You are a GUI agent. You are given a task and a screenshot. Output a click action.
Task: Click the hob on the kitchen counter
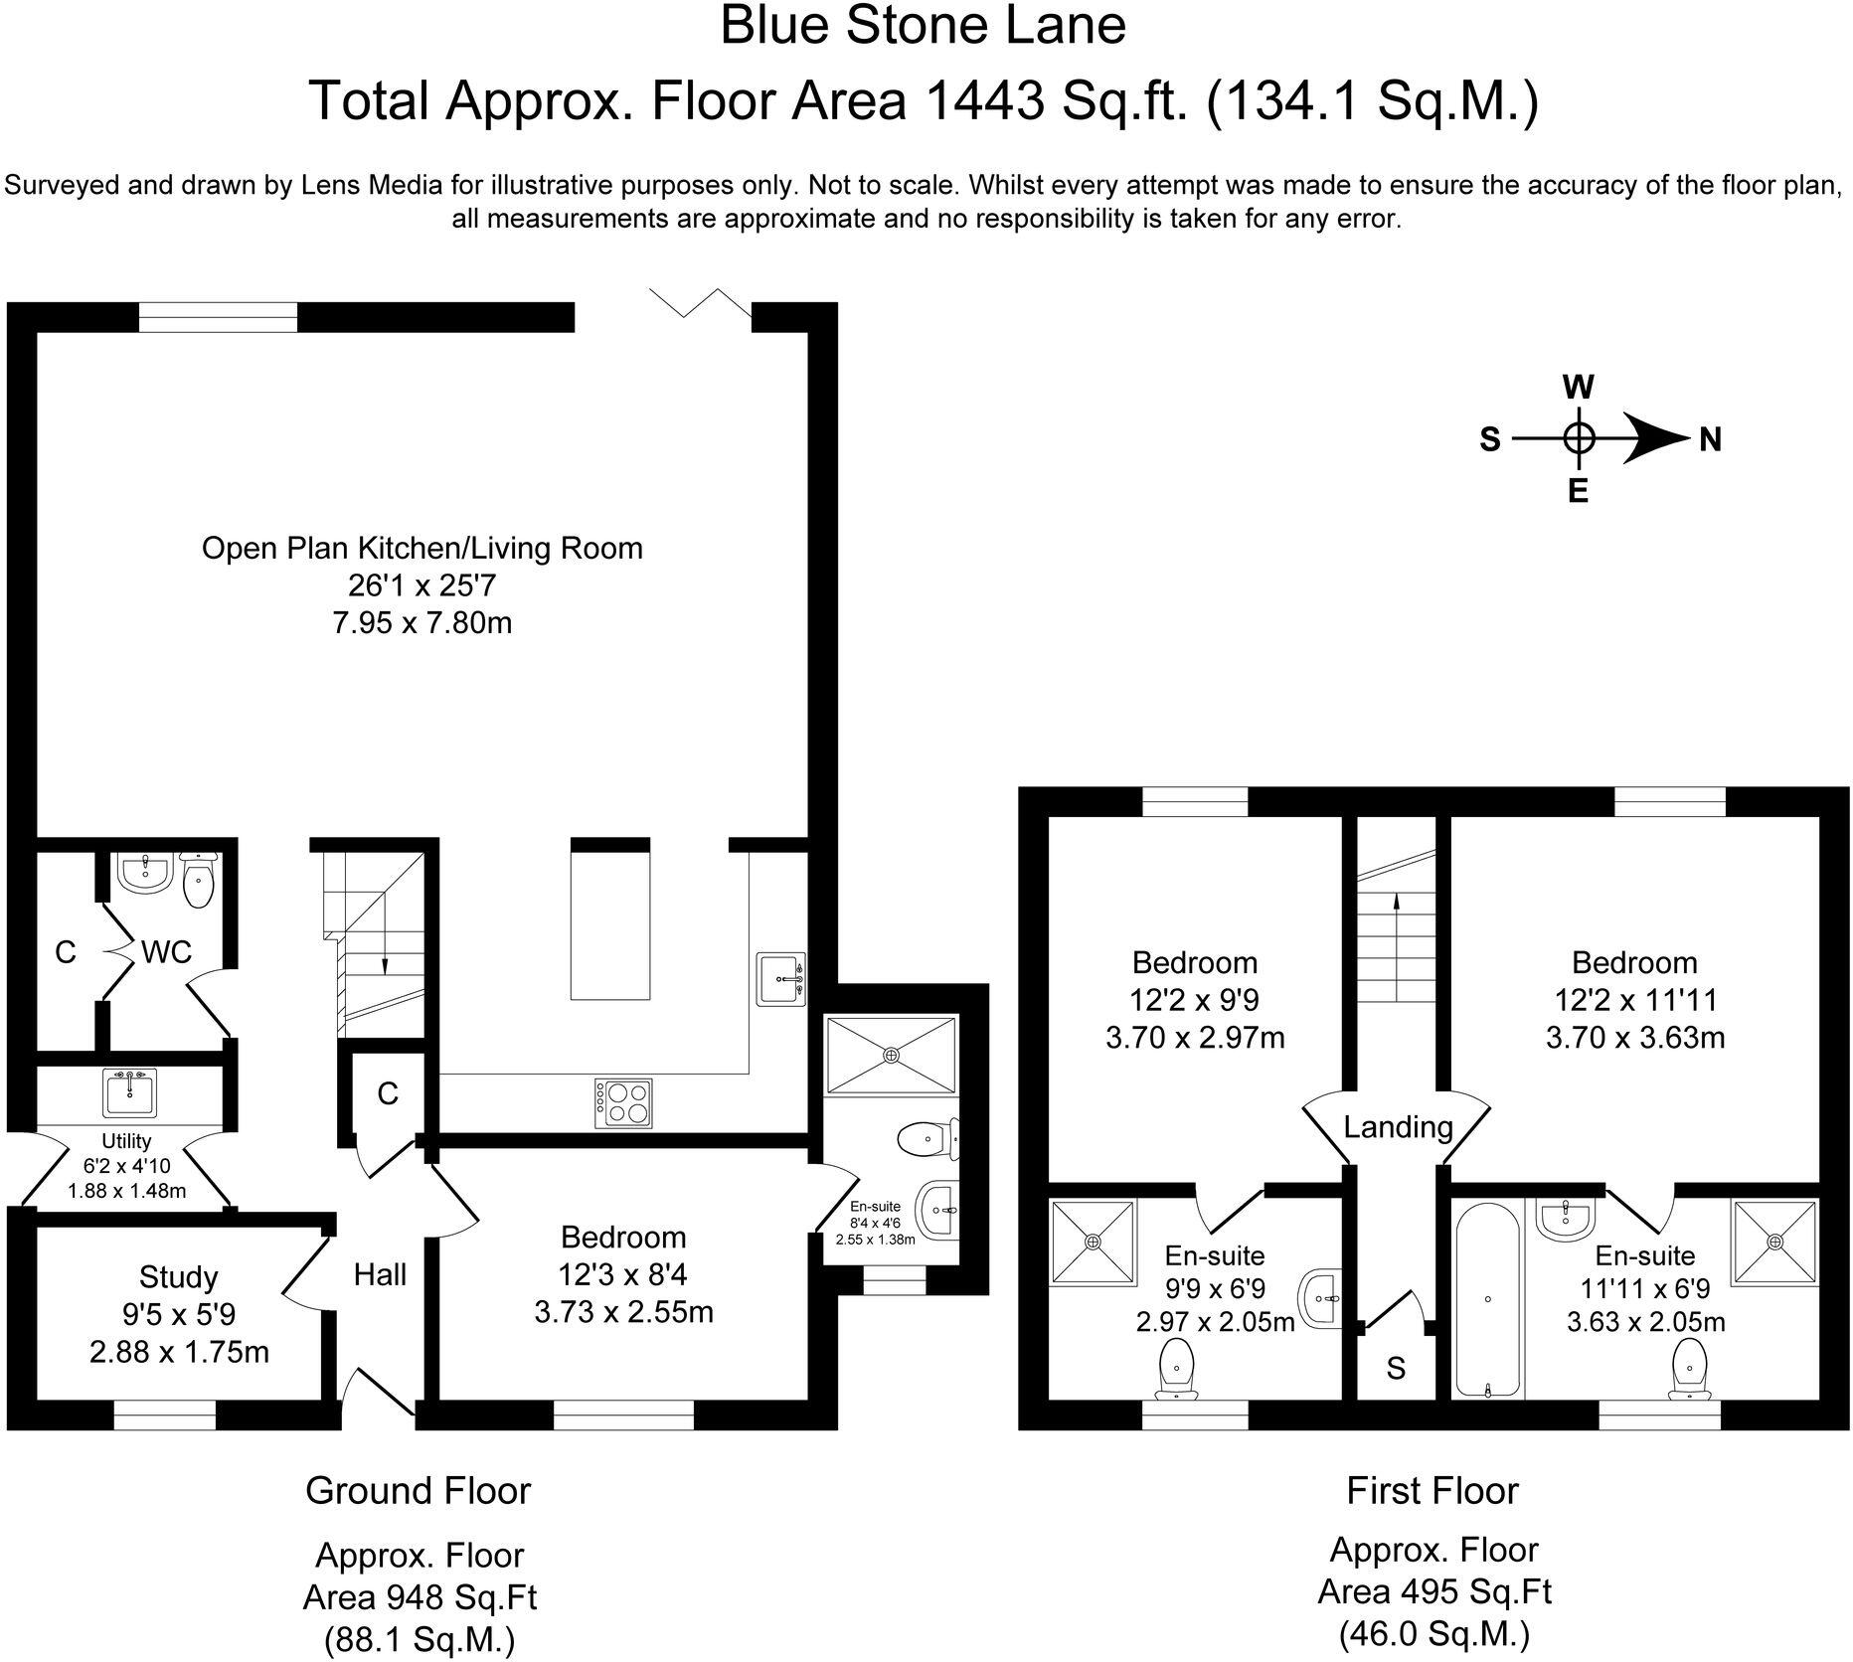point(624,1102)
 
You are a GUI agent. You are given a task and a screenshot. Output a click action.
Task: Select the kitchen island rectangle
point(610,919)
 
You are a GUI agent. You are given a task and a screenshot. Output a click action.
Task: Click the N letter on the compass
point(1710,439)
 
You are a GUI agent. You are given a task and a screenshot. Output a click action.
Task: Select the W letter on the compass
point(1579,387)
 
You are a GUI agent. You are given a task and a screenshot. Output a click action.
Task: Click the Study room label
point(178,1276)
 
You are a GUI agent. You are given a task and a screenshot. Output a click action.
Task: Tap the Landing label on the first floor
point(1398,1126)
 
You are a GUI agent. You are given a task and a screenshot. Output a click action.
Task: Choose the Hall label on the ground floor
point(380,1274)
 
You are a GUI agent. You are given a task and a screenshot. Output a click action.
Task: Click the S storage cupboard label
point(1396,1369)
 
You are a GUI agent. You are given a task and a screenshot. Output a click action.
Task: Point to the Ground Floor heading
point(418,1491)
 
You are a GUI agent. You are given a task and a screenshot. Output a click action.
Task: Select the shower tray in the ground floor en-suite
point(891,1055)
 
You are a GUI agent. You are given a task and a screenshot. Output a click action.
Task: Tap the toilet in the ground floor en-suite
point(926,1139)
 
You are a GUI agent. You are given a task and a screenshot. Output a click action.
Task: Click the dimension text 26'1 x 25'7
point(421,585)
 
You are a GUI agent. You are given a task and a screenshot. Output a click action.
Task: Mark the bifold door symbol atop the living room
point(700,301)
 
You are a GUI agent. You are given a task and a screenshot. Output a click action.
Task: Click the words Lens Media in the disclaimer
point(357,186)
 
